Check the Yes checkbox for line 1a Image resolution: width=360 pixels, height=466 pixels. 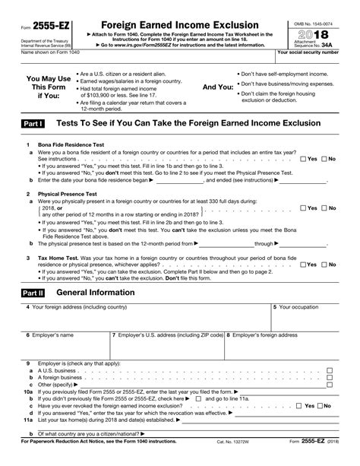(x=304, y=159)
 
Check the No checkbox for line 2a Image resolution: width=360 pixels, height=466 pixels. (x=325, y=208)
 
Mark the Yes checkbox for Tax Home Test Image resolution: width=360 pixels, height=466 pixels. (x=304, y=264)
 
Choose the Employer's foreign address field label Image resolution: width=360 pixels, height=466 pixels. (x=264, y=334)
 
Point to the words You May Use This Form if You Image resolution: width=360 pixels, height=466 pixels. (x=49, y=87)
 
